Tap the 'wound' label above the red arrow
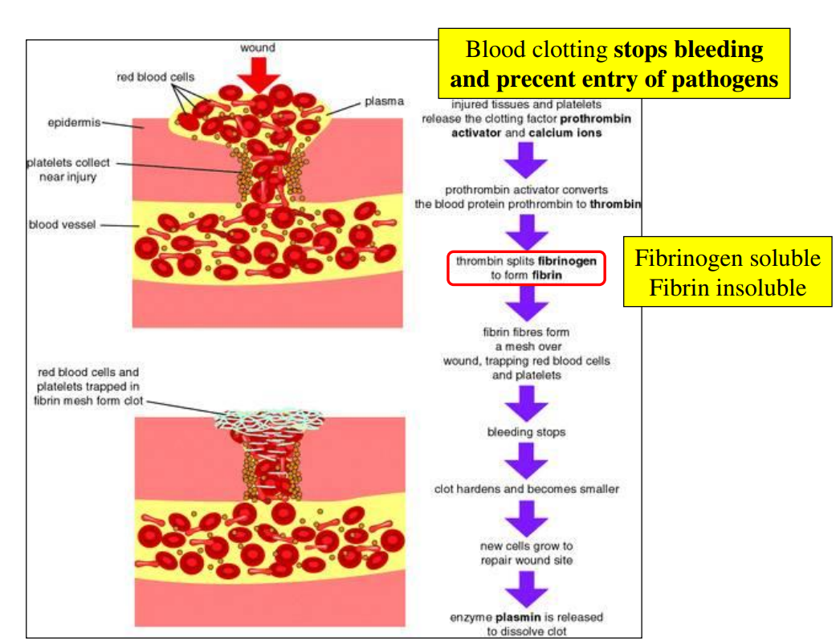coord(257,47)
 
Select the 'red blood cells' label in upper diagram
coord(156,77)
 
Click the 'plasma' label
coord(383,102)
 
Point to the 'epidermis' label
coord(73,123)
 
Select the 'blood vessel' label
coord(62,224)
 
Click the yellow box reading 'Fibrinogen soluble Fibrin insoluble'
coord(727,272)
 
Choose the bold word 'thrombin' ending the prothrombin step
coord(614,205)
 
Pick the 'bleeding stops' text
coord(526,432)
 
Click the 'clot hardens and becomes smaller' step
coord(526,488)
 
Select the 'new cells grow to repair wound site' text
coord(526,553)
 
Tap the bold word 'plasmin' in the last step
coord(512,617)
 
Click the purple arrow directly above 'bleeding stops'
coord(526,403)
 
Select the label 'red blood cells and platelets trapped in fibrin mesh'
coord(88,386)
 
